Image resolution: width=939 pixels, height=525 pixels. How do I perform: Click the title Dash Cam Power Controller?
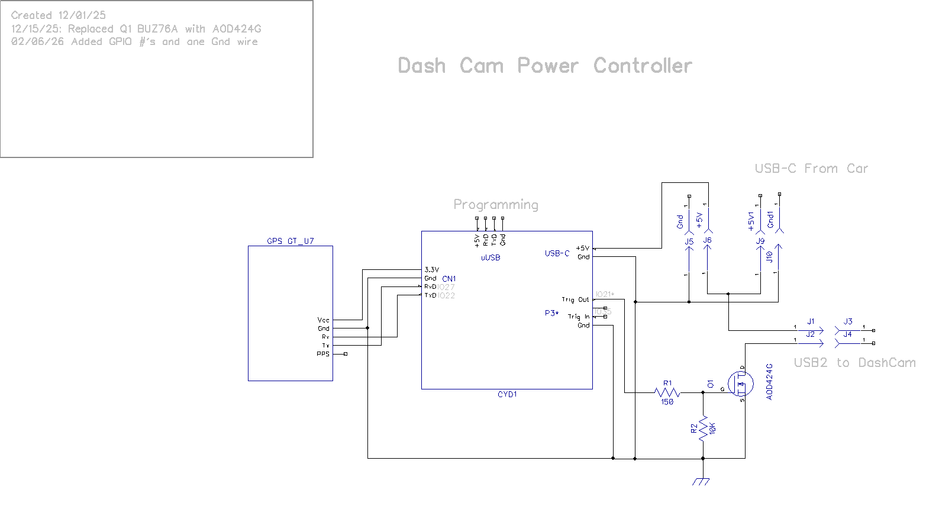click(545, 66)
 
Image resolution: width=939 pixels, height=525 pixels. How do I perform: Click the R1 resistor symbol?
click(667, 392)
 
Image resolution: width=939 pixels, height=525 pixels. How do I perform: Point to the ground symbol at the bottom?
click(702, 481)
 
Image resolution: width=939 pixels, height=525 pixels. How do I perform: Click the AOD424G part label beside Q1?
click(770, 382)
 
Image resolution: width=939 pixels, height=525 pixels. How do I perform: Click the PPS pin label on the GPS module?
click(323, 354)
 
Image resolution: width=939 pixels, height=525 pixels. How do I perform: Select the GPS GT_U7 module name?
click(290, 241)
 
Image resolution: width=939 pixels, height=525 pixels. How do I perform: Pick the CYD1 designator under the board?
click(507, 394)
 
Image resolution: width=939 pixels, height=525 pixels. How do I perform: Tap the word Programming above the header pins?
click(496, 205)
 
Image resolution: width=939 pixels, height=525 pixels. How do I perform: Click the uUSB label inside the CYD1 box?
click(491, 257)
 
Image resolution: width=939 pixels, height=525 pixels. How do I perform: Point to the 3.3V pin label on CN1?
click(431, 270)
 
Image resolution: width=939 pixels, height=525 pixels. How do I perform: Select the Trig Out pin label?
click(575, 299)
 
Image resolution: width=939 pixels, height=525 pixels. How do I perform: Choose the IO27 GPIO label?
click(446, 287)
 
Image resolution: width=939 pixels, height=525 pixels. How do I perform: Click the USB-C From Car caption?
click(811, 169)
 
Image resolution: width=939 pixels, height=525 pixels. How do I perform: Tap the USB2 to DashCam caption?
click(854, 363)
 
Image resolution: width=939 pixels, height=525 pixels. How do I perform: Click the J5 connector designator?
click(689, 241)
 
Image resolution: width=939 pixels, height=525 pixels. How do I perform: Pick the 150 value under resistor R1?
click(667, 402)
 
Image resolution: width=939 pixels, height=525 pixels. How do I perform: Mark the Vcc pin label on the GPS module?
click(323, 320)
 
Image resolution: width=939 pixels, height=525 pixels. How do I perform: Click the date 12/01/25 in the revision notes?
click(82, 15)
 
